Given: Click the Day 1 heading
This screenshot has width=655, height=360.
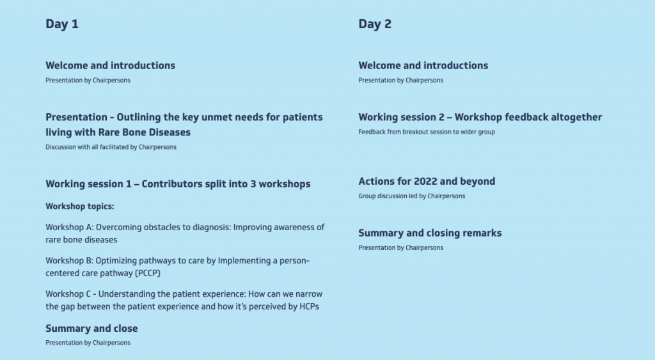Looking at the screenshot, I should pyautogui.click(x=62, y=24).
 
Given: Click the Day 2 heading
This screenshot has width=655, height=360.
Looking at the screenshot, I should pyautogui.click(x=375, y=24).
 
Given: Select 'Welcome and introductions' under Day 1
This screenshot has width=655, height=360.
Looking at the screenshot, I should pyautogui.click(x=110, y=65).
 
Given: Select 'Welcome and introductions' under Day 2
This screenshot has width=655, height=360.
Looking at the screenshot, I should pyautogui.click(x=423, y=65).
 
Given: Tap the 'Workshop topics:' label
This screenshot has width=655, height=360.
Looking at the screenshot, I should pyautogui.click(x=79, y=207).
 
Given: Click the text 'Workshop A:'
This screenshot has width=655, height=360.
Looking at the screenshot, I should pyautogui.click(x=69, y=227).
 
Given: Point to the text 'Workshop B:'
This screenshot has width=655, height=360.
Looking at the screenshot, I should pyautogui.click(x=69, y=260).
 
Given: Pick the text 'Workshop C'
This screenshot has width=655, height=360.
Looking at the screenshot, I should pyautogui.click(x=68, y=293).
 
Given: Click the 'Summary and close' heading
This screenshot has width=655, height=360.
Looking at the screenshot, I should pyautogui.click(x=91, y=328).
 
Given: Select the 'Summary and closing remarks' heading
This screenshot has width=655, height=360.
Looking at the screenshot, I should pyautogui.click(x=430, y=233).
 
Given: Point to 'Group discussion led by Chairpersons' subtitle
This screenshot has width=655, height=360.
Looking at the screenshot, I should pyautogui.click(x=411, y=196).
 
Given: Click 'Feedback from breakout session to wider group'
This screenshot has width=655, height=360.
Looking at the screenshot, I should pyautogui.click(x=426, y=132).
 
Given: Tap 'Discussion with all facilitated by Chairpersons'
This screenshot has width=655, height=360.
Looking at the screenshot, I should pyautogui.click(x=111, y=147).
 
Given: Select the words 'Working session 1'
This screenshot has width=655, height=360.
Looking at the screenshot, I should pyautogui.click(x=88, y=184).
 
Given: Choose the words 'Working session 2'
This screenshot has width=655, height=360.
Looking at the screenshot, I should pyautogui.click(x=401, y=117).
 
